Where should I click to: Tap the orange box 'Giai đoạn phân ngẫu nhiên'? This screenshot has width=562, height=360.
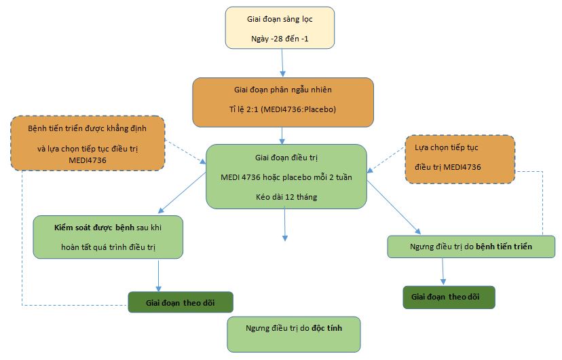pyautogui.click(x=283, y=102)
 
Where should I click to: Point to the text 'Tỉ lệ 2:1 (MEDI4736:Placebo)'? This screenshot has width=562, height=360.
pyautogui.click(x=283, y=109)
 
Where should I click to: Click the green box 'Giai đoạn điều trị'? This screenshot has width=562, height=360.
pyautogui.click(x=286, y=175)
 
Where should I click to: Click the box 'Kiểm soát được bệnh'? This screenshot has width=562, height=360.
pyautogui.click(x=109, y=237)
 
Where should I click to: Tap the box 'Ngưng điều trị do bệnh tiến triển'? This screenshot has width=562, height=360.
pyautogui.click(x=471, y=247)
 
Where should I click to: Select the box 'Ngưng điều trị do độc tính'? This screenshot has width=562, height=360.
pyautogui.click(x=294, y=334)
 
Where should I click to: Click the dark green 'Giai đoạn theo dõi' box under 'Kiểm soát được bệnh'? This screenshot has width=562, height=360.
pyautogui.click(x=180, y=302)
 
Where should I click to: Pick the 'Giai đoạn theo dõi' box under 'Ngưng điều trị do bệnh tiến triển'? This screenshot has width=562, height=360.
pyautogui.click(x=449, y=297)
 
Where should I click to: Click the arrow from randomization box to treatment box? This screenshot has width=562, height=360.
pyautogui.click(x=282, y=135)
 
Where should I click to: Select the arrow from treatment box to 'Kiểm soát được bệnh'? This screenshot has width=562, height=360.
pyautogui.click(x=182, y=193)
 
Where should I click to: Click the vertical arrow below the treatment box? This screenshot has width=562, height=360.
pyautogui.click(x=285, y=224)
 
